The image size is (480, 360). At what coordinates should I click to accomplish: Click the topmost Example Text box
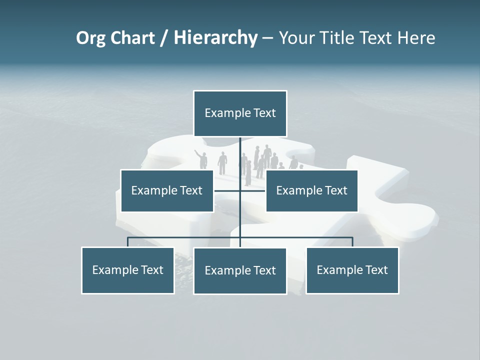[240, 113]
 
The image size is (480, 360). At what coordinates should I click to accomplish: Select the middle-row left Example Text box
[166, 190]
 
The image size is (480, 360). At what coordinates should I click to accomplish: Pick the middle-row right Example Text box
[311, 190]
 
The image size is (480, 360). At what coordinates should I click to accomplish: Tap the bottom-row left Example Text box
[127, 270]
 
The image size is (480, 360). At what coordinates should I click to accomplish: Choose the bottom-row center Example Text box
[240, 270]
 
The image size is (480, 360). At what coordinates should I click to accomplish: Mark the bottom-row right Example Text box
[352, 270]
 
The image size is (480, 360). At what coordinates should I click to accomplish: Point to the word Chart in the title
[132, 38]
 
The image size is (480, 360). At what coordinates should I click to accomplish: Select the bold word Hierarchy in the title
[215, 38]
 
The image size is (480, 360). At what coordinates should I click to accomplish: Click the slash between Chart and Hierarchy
[164, 38]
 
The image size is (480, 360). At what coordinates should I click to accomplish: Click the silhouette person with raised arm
[202, 159]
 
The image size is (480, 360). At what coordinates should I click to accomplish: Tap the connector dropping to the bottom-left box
[128, 242]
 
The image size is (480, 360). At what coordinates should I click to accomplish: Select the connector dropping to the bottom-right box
[352, 242]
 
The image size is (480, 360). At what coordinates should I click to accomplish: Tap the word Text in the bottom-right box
[376, 270]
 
